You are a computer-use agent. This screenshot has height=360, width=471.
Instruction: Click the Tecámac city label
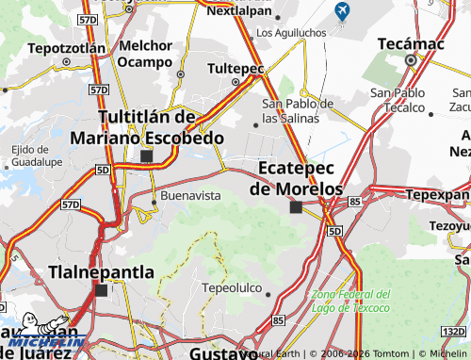coord(411,43)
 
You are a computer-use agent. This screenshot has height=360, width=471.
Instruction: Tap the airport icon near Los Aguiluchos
coord(341,11)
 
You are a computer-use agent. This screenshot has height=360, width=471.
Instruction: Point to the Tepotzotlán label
coord(66,47)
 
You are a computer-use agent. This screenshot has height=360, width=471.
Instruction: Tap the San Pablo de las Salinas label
coord(298,111)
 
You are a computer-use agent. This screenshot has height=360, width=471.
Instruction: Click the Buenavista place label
coord(191,195)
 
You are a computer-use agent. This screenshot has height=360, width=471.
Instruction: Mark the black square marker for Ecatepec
coord(296,207)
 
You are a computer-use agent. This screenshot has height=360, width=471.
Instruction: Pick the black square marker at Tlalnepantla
coord(101,290)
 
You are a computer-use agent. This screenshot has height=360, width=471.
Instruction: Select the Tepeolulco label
coord(230,284)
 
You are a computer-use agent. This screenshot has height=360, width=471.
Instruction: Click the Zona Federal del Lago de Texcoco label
coord(349,302)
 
